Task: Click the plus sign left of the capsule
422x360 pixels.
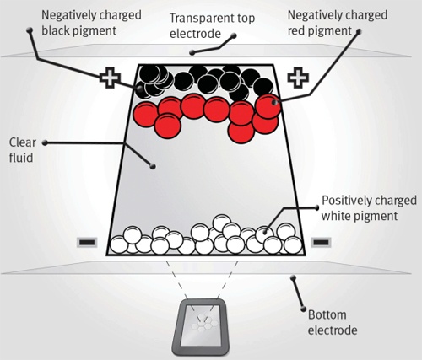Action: click(x=111, y=78)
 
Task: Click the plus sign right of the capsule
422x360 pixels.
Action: click(x=298, y=78)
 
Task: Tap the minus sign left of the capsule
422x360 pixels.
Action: click(x=87, y=242)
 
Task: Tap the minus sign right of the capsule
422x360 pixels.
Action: click(x=321, y=242)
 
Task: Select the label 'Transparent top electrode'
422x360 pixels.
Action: click(x=212, y=26)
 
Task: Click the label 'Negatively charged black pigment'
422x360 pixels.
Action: click(x=91, y=23)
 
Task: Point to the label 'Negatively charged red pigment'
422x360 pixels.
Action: click(x=338, y=23)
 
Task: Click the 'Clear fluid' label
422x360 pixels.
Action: click(x=23, y=150)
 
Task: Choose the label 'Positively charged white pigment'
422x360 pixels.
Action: click(x=369, y=208)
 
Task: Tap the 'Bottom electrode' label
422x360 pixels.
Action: click(x=333, y=323)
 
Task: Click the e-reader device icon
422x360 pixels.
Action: click(x=200, y=327)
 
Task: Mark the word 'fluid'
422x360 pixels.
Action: click(x=21, y=158)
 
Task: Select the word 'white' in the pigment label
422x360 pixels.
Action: click(x=337, y=216)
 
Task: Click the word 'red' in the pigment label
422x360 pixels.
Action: click(x=295, y=31)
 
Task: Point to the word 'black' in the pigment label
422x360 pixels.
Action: click(x=55, y=30)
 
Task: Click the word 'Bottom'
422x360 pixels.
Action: click(x=327, y=315)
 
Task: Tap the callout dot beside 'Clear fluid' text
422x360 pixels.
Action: click(x=45, y=142)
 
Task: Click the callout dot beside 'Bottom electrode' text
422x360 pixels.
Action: click(x=303, y=309)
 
